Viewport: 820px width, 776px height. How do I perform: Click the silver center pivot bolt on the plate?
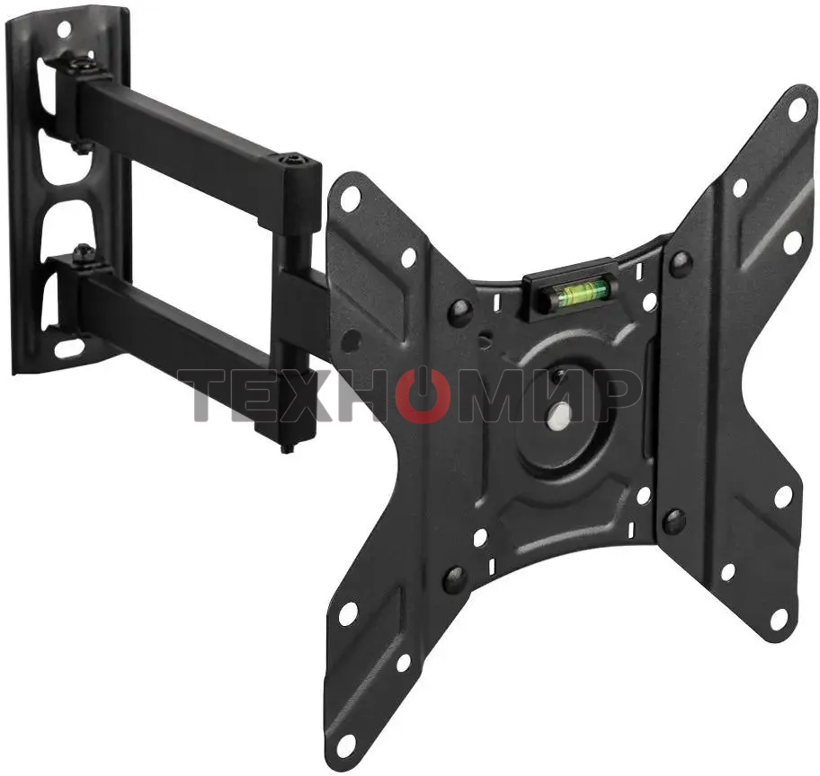(x=559, y=414)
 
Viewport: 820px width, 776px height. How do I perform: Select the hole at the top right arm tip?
(x=797, y=110)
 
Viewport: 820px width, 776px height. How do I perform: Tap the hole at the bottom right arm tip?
(x=780, y=619)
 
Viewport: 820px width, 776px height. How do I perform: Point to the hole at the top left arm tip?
(x=351, y=197)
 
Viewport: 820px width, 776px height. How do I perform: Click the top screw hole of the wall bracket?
(x=64, y=29)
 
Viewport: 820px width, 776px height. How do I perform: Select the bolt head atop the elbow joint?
(x=290, y=160)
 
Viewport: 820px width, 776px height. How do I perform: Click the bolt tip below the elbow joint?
(x=287, y=446)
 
